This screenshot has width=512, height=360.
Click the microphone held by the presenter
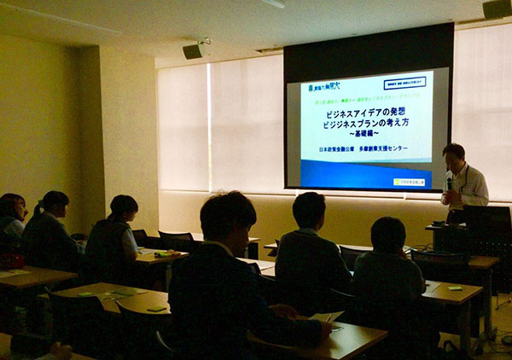point(450,180)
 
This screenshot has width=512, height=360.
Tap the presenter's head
point(453,156)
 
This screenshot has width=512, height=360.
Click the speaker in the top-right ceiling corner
point(497,9)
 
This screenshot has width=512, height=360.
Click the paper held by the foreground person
point(326,317)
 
